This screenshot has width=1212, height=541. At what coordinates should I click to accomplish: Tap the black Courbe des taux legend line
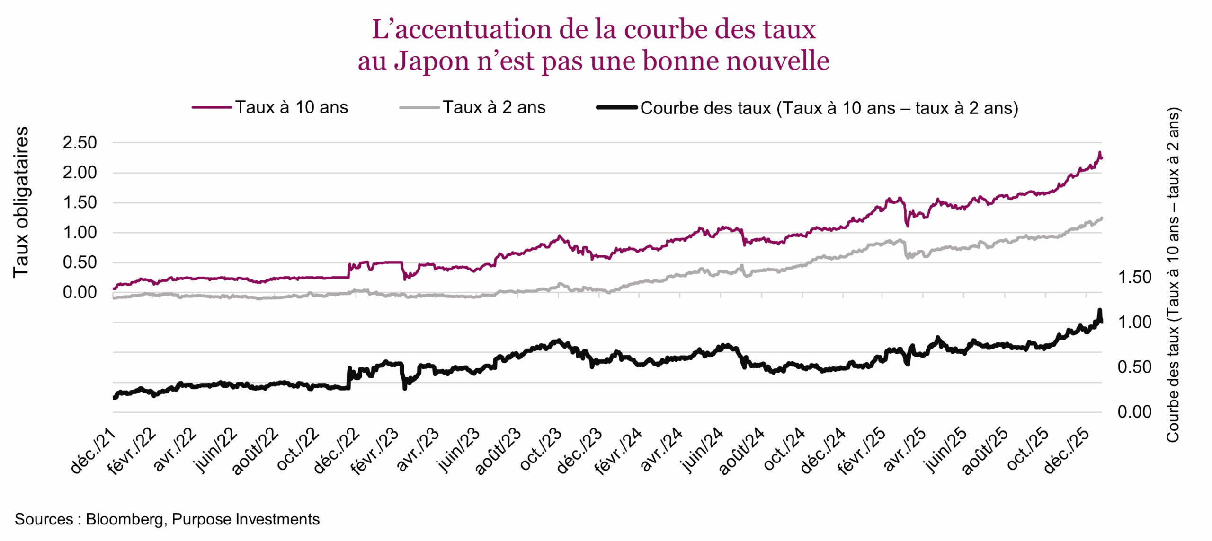[x=616, y=108]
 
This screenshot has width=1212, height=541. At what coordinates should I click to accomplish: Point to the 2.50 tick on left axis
[x=80, y=142]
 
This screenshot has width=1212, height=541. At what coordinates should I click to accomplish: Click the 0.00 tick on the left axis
[x=80, y=292]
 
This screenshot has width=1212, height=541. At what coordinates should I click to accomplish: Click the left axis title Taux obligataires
[x=20, y=202]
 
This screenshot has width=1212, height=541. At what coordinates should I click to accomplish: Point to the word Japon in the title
[x=431, y=61]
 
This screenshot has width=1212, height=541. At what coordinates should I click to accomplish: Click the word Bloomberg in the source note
[x=125, y=519]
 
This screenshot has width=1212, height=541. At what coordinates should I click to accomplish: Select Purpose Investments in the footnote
[x=245, y=519]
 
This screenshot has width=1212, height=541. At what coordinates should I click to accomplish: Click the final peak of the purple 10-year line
[x=1099, y=153]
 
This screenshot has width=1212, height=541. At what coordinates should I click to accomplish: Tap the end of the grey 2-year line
[x=1102, y=218]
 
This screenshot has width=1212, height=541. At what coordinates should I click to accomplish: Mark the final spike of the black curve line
[x=1099, y=310]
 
